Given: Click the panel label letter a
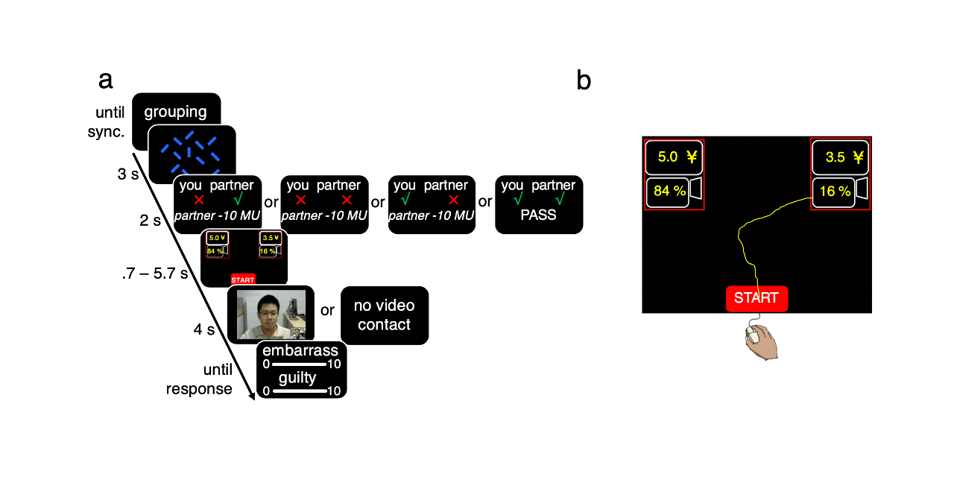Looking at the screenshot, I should point(106,80).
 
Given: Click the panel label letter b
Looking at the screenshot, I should point(584,80).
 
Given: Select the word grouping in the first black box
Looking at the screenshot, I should point(175,112).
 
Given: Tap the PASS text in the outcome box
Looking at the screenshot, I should point(538,215).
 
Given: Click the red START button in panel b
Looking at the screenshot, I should point(756,298).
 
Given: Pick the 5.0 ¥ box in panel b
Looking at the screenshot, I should point(674,157).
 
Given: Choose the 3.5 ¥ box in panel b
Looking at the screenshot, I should point(840,157).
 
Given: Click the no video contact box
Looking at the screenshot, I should point(384,315).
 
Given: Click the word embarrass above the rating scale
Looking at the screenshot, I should point(300,350).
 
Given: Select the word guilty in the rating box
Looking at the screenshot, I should point(297,378).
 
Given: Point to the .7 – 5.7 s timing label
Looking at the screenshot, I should point(154,274).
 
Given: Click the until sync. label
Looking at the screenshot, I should point(110,121).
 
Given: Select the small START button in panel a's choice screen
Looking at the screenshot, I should point(243,279).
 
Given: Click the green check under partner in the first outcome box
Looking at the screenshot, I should point(238,200).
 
